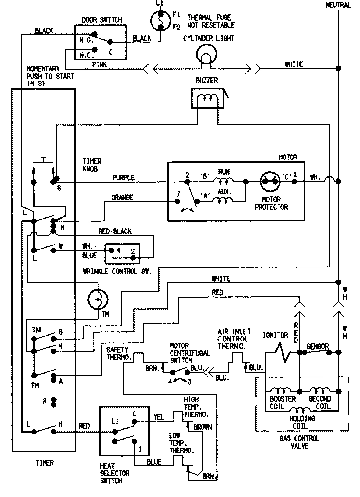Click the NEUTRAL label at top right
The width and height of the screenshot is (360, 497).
[x=338, y=5]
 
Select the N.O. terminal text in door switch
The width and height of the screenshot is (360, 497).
[x=86, y=40]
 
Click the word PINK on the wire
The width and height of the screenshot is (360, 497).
[x=99, y=64]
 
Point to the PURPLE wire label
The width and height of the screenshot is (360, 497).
[x=123, y=178]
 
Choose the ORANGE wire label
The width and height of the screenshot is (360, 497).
[x=122, y=197]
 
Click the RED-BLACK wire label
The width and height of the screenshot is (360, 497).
[x=115, y=231]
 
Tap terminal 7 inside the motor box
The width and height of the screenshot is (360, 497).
[x=178, y=194]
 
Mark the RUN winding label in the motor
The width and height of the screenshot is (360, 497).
[x=224, y=172]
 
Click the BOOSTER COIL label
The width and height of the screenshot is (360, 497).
[x=282, y=403]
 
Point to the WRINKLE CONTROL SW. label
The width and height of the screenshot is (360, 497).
[x=117, y=271]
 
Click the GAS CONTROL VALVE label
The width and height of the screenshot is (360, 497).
[x=299, y=442]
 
